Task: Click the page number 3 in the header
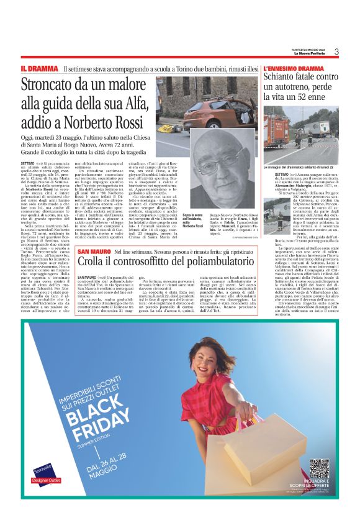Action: [x=335, y=52]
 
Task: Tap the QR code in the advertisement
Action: [x=320, y=468]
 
